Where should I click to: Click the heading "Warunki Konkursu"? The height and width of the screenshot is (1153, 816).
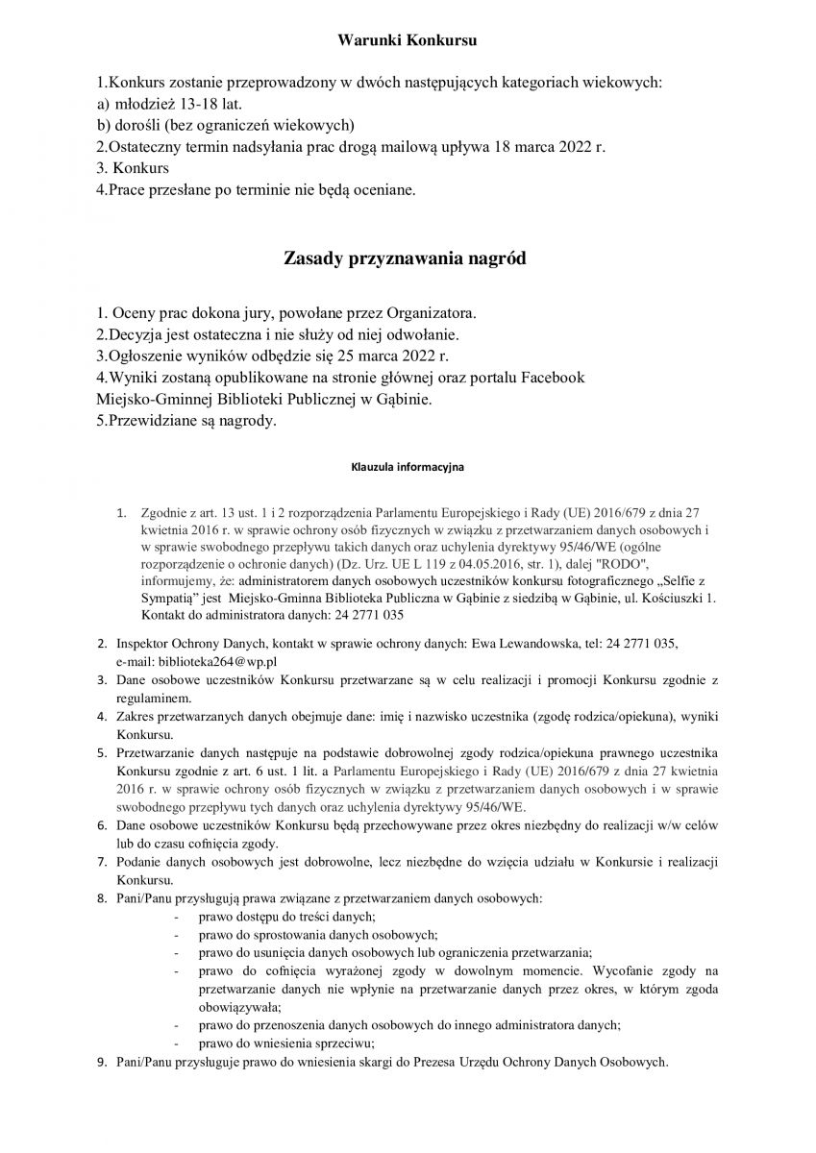(x=408, y=40)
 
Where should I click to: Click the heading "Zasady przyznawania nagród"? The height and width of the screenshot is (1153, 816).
(x=407, y=258)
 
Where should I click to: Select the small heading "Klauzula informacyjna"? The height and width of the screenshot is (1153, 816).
(x=407, y=468)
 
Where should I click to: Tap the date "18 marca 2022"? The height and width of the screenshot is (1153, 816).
(x=542, y=147)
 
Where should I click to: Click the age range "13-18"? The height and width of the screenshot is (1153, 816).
(x=187, y=105)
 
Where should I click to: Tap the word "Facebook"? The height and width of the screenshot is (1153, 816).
(x=553, y=378)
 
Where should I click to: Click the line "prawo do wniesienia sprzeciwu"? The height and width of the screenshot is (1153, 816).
(x=286, y=1043)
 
